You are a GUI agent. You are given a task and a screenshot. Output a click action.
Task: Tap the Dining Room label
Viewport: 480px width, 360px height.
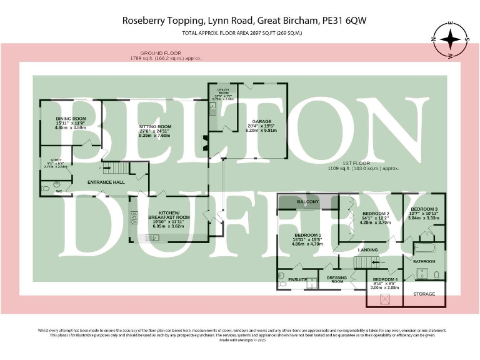click(71, 118)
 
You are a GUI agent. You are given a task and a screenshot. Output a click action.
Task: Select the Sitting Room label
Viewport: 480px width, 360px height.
click(154, 126)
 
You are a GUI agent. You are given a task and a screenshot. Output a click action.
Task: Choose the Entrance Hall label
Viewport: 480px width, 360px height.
click(106, 182)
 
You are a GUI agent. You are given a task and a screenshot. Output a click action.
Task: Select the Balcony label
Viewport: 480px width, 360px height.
click(307, 202)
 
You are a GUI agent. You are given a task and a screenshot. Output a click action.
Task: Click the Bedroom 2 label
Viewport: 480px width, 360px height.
click(376, 214)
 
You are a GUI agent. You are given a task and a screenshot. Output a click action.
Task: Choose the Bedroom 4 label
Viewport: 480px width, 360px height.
click(385, 279)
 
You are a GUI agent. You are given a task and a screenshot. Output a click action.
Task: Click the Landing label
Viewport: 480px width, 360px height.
click(367, 250)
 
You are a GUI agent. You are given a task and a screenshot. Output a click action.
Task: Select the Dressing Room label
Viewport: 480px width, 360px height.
click(337, 279)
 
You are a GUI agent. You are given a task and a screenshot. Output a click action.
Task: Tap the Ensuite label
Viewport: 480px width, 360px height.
click(297, 279)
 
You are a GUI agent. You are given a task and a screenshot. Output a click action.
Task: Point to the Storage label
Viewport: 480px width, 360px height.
click(424, 293)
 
